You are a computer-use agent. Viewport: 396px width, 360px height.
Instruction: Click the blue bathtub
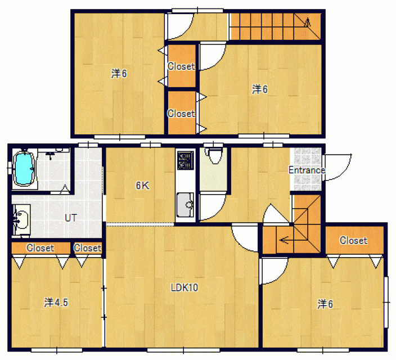tap(24, 169)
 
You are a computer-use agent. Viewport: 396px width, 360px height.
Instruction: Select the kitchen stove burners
tap(186, 160)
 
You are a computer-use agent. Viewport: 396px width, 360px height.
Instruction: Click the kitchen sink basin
tap(185, 205)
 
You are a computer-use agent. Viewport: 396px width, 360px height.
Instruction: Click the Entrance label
tap(307, 170)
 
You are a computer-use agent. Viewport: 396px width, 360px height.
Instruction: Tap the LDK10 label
tap(184, 287)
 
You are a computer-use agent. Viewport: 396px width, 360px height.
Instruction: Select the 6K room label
tap(142, 186)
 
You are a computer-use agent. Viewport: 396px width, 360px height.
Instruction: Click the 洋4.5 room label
tap(56, 302)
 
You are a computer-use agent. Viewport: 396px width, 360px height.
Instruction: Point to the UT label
tap(71, 218)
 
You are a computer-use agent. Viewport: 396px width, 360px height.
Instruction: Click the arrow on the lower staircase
tap(284, 240)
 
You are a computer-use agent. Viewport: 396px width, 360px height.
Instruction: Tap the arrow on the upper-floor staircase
tap(307, 22)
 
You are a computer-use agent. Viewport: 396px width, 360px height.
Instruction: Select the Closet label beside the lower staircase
tap(353, 240)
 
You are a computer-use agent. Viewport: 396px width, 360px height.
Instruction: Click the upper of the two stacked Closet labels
tap(181, 66)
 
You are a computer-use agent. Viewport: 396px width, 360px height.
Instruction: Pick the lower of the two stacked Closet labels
tap(181, 114)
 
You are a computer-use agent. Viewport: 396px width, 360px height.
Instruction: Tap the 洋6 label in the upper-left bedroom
tap(119, 74)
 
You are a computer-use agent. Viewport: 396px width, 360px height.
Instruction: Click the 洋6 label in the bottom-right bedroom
tap(325, 304)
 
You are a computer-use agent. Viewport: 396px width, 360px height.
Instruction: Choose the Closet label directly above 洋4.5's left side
tap(40, 248)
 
